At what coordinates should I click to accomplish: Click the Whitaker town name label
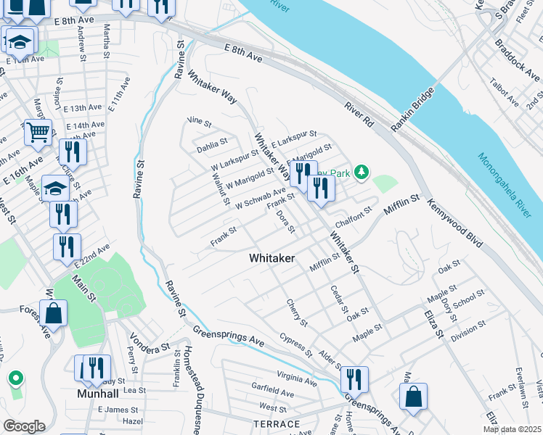tap(271, 257)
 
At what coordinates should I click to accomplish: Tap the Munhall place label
tap(98, 395)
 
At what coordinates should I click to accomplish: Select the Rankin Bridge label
tap(412, 109)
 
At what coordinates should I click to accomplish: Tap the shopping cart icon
tap(38, 132)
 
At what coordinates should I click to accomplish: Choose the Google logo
tap(24, 426)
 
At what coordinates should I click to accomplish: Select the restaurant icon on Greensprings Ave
tap(354, 379)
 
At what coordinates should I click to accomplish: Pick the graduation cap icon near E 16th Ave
tap(55, 189)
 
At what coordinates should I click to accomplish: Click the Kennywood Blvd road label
tap(455, 224)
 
